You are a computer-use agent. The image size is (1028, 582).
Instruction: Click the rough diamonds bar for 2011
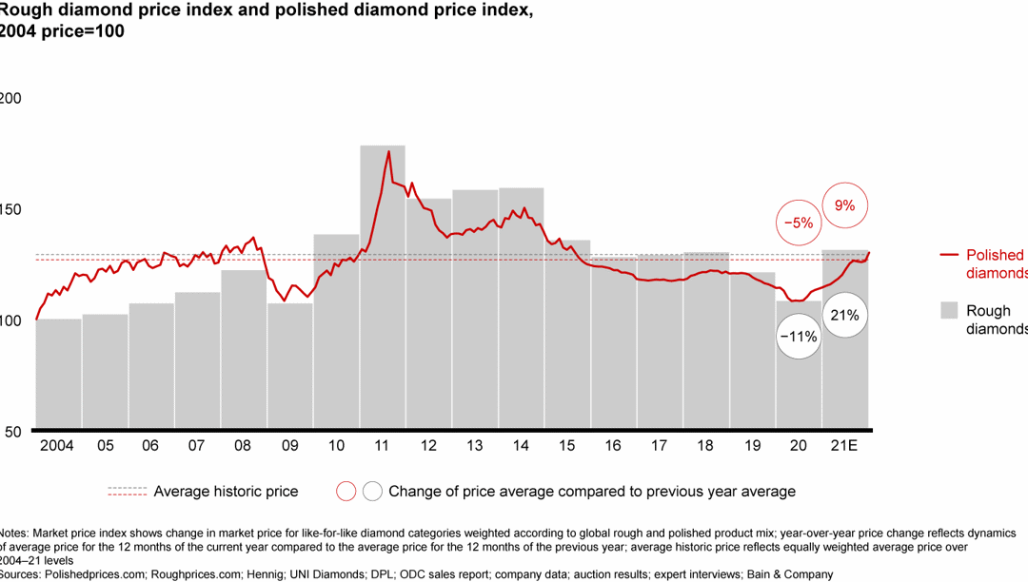click(x=383, y=285)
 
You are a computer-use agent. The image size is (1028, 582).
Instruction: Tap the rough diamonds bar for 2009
click(x=290, y=365)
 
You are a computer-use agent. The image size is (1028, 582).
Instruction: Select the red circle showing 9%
click(x=844, y=204)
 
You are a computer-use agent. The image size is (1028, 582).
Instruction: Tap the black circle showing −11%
click(x=798, y=337)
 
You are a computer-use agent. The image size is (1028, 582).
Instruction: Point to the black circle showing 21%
click(x=844, y=316)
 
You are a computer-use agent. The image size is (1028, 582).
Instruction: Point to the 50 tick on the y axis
click(x=11, y=432)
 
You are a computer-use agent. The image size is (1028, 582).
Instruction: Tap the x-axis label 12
click(x=429, y=445)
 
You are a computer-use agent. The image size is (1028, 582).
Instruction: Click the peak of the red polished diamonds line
click(x=388, y=151)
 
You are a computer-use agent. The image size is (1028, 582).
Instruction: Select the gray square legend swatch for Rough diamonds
click(x=948, y=310)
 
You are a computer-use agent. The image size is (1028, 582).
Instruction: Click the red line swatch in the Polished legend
click(x=948, y=255)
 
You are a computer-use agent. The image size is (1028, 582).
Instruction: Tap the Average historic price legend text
click(x=226, y=492)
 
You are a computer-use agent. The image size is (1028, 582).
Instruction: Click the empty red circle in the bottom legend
click(x=346, y=492)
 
